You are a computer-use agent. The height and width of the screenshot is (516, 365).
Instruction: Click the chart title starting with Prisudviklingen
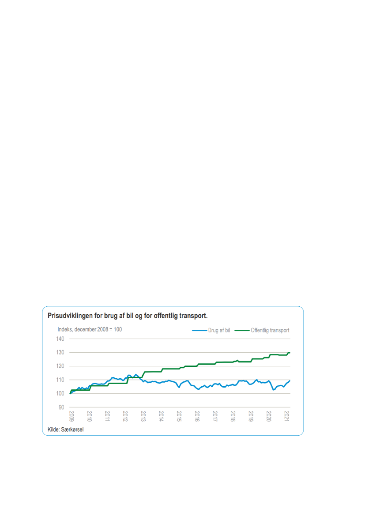click(128, 316)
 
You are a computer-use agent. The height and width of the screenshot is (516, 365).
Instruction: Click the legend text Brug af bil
click(219, 330)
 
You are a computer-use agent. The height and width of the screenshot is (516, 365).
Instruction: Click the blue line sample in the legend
click(199, 330)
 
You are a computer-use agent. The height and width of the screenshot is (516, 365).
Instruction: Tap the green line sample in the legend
click(242, 330)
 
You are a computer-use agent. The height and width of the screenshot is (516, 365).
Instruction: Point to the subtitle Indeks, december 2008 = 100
click(90, 330)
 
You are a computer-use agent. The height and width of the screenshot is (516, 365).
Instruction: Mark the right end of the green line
click(290, 353)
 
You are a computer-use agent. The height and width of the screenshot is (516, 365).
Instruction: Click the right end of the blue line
click(290, 380)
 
